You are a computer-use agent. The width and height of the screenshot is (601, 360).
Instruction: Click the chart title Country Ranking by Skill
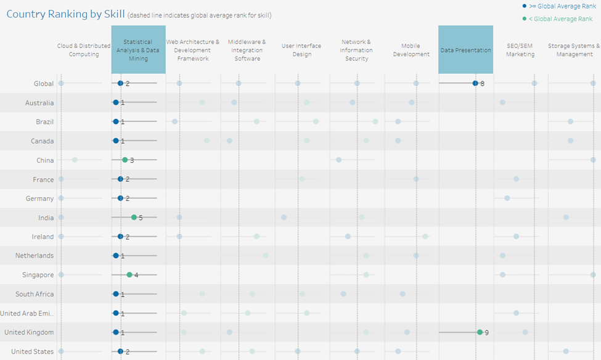65,14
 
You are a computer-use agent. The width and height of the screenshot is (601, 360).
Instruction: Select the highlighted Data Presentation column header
465,50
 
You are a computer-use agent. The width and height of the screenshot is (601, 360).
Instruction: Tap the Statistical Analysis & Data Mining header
138,51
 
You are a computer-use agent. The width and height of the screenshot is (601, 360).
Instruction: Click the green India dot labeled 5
134,217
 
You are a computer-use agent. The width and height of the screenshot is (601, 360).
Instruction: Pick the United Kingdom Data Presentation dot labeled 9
480,332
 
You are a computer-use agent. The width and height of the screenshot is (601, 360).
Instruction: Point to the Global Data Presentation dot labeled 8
475,83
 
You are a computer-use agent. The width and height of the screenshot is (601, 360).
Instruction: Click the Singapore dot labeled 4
129,275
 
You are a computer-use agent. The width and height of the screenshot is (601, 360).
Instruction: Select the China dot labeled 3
125,160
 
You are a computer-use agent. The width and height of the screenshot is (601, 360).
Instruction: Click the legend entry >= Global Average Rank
560,6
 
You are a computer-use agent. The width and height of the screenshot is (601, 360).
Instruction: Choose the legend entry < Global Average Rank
560,19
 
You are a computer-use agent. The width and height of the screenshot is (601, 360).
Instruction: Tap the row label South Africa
35,294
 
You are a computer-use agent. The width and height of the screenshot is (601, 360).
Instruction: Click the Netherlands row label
35,255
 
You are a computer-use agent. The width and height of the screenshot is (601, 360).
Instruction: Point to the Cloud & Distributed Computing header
84,50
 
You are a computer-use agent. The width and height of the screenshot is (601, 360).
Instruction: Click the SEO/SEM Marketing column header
521,50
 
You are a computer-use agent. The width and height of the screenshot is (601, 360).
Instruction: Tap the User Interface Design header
302,50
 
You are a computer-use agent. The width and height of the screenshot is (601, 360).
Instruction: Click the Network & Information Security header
356,51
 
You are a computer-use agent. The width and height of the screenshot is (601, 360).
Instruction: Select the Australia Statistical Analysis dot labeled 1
115,102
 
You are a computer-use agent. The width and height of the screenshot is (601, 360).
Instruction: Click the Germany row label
40,198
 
